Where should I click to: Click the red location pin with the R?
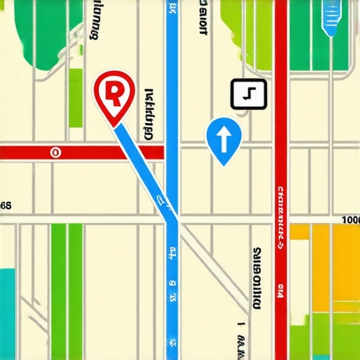pos(112,95)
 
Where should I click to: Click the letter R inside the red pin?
pos(112,91)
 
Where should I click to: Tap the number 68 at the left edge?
pos(6,206)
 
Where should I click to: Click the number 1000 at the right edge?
pos(349,220)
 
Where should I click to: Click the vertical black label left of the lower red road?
pos(257,278)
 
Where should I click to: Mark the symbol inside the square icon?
pos(248,94)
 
